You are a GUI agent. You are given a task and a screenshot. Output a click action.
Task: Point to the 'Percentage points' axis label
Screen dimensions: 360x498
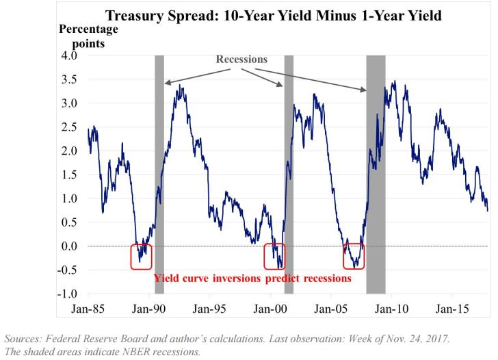[x=88, y=36]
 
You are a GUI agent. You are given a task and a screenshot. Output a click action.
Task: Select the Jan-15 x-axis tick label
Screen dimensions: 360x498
[x=451, y=308]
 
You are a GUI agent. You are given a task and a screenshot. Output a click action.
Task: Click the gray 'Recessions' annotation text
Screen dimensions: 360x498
[x=241, y=60]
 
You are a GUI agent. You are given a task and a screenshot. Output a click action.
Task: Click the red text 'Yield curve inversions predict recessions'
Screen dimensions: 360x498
[x=252, y=279]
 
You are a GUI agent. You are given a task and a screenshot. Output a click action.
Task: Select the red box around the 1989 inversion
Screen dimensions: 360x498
[x=141, y=256]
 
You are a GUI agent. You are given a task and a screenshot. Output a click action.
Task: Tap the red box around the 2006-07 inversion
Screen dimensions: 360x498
[x=354, y=256]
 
